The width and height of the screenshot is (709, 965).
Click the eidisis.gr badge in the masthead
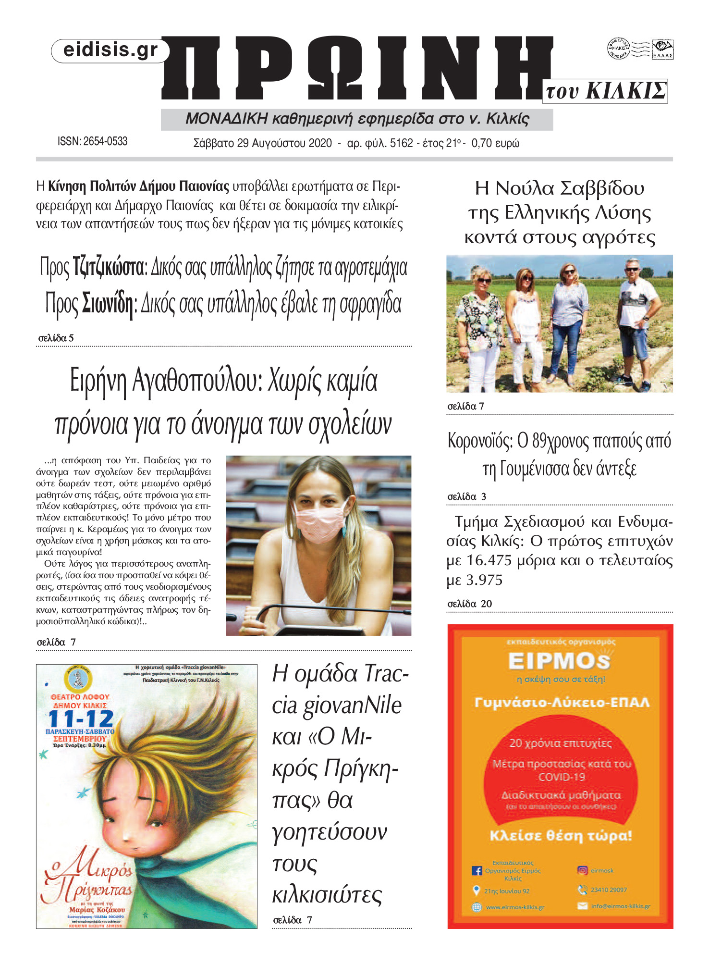pos(110,50)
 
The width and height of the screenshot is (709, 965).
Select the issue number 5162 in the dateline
pos(401,143)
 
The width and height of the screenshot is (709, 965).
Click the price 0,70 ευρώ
pos(495,143)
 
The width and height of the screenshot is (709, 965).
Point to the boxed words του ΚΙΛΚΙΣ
pos(606,91)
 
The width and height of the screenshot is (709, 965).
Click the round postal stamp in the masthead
pos(618,49)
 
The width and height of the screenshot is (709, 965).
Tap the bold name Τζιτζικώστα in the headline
pos(109,268)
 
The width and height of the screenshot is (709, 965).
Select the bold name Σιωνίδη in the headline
pos(108,303)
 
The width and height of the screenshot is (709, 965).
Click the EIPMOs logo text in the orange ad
pos(559,661)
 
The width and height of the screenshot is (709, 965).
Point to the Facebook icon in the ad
pos(477,870)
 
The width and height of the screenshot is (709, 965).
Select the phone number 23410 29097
pos(609,890)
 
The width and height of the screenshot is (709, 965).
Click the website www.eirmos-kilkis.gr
pos(515,907)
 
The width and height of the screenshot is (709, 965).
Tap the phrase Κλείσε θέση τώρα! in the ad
pos(561,836)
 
